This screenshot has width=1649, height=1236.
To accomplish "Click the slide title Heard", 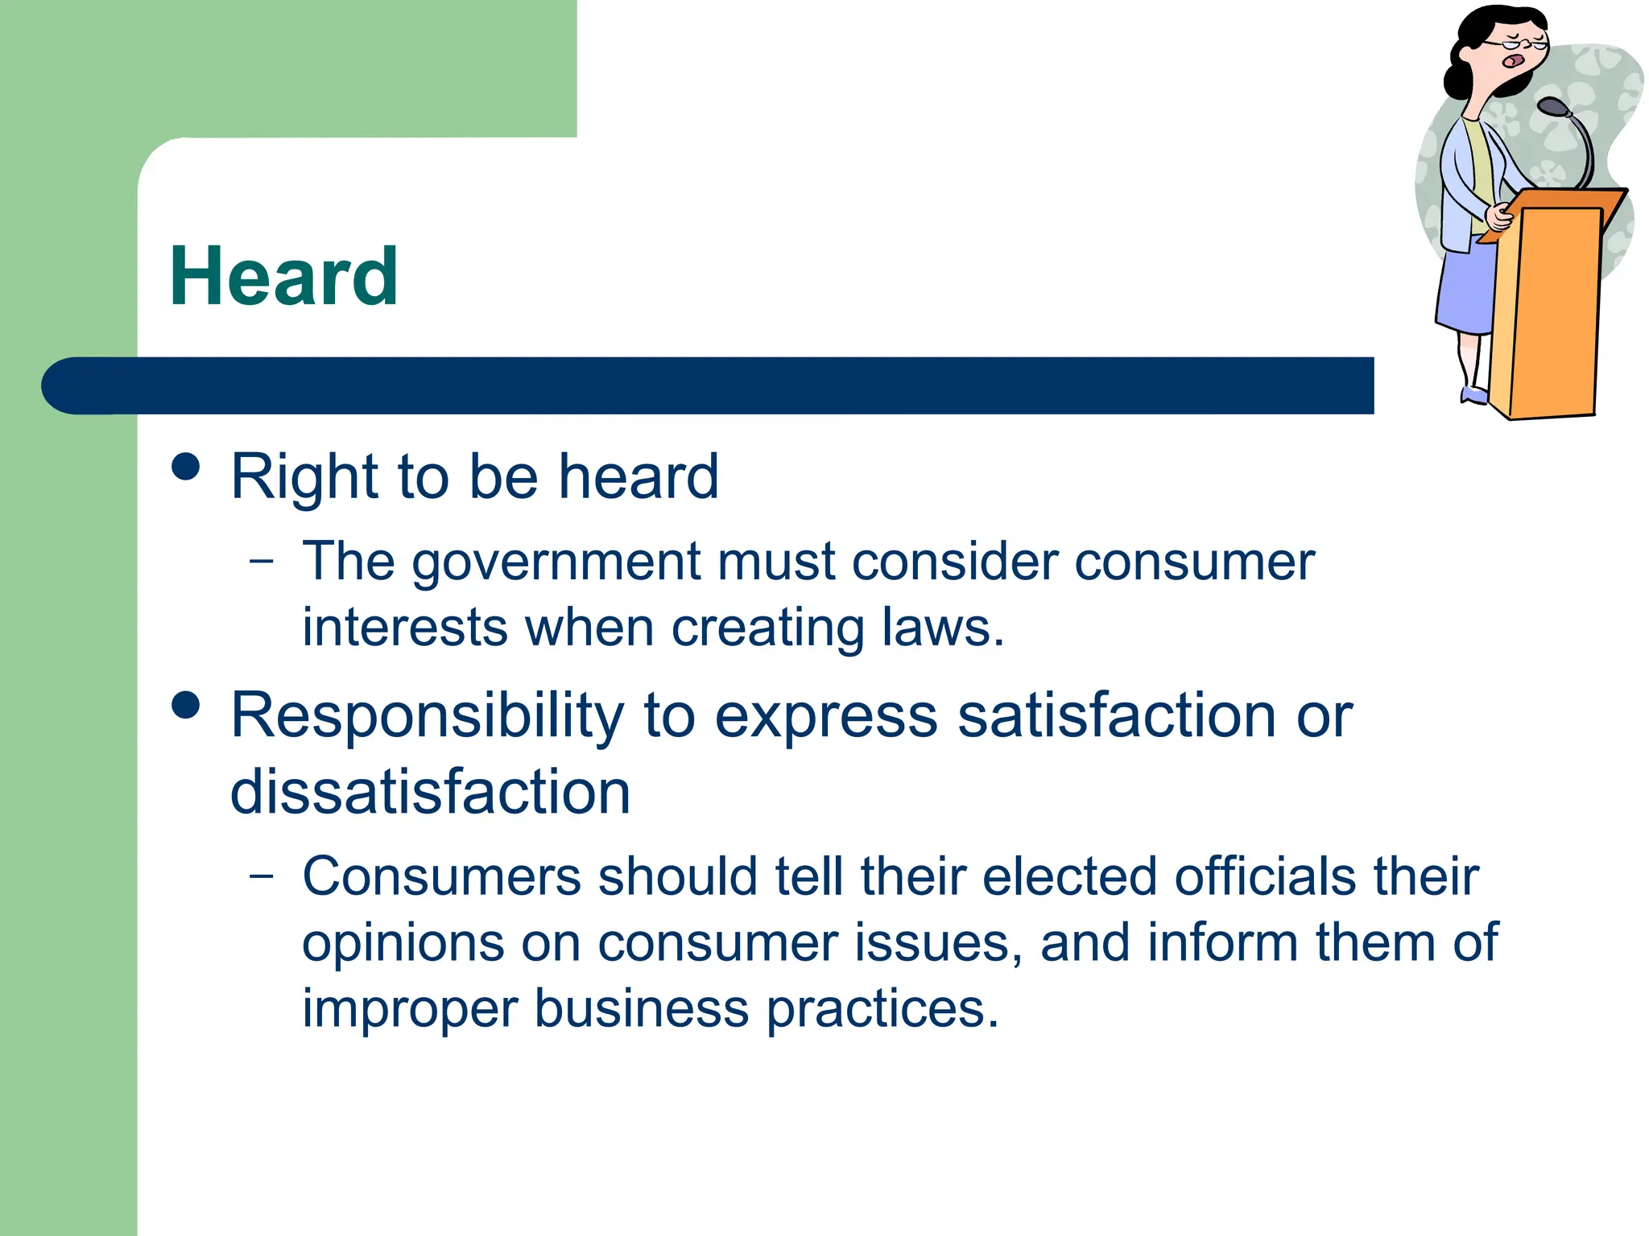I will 283,278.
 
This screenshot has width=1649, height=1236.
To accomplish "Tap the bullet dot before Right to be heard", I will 186,467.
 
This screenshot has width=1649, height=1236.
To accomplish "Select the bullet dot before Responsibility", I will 186,705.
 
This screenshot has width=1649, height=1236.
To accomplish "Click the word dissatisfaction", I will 430,793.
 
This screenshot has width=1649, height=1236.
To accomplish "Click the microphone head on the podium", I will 1552,107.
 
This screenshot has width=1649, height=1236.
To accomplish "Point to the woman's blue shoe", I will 1475,395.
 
